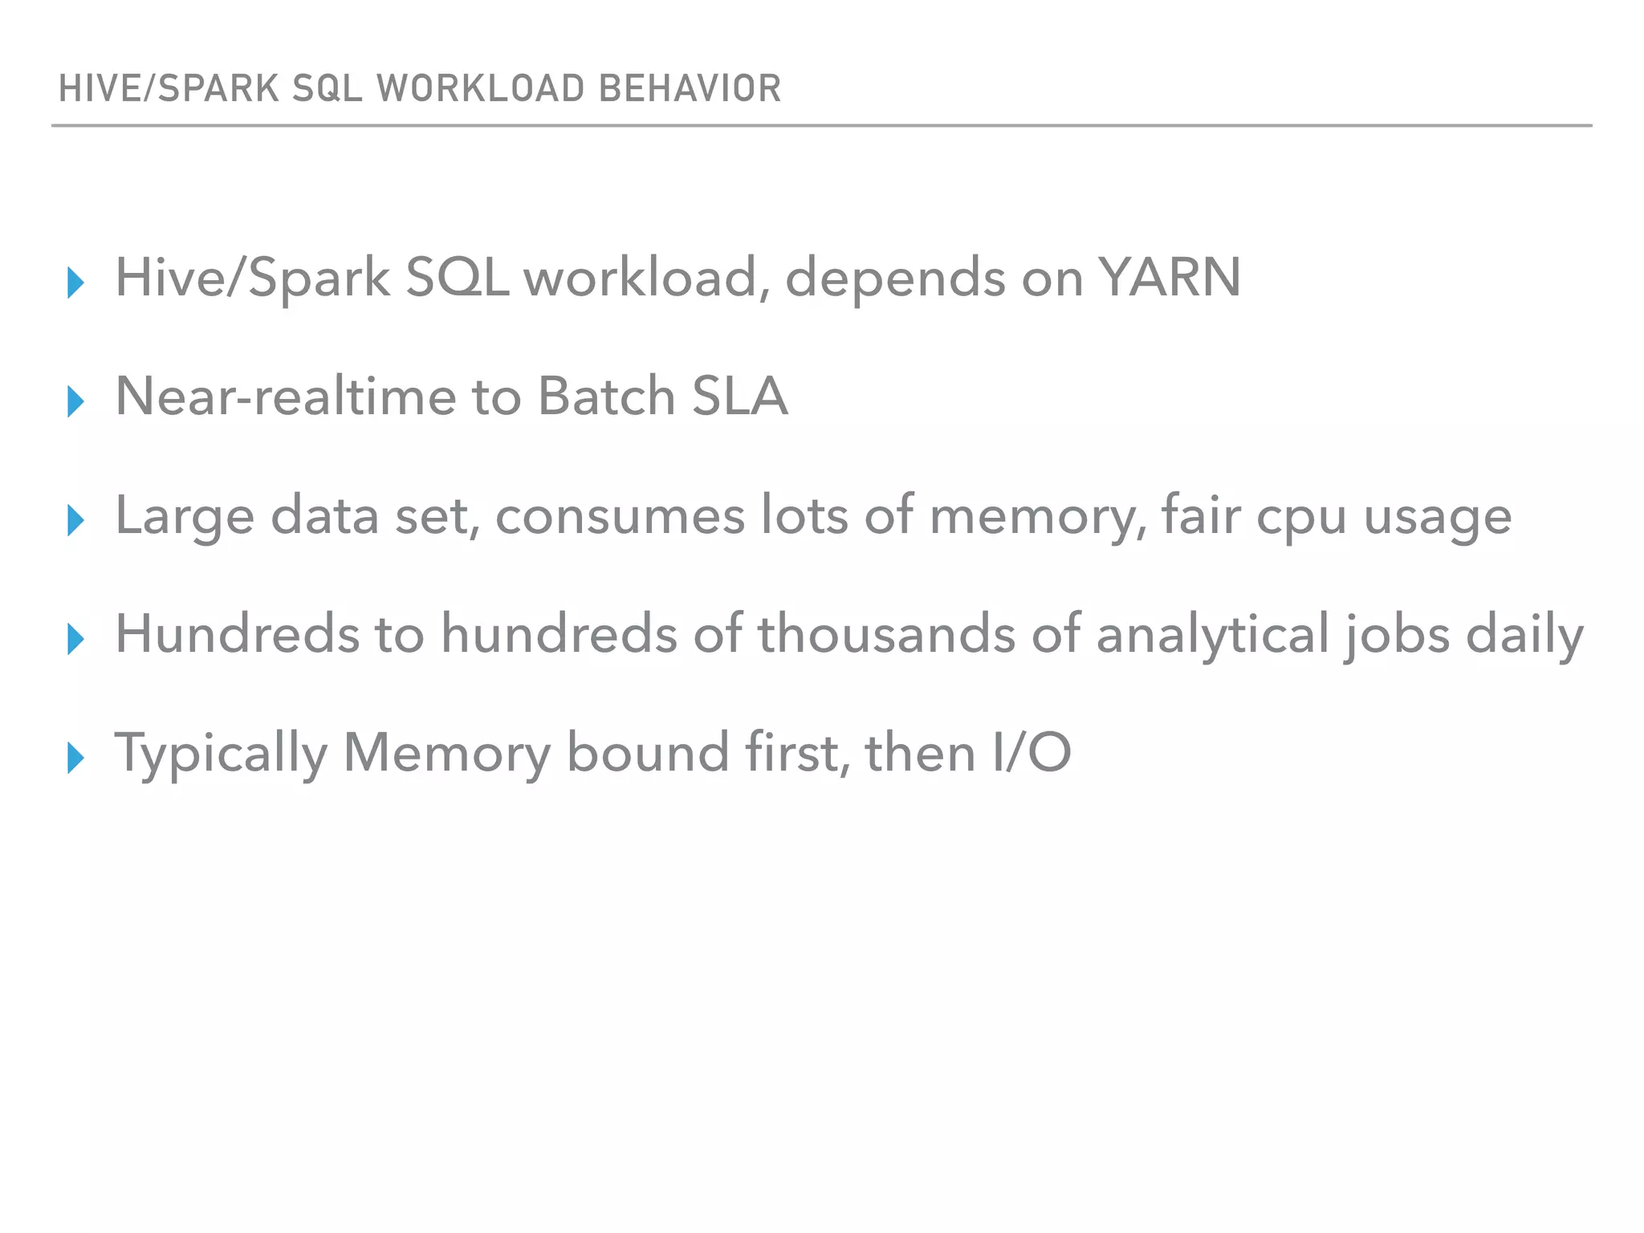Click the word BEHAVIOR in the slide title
pyautogui.click(x=690, y=88)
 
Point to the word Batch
pyautogui.click(x=606, y=397)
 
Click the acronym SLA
pyautogui.click(x=739, y=397)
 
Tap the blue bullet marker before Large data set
pyautogui.click(x=76, y=520)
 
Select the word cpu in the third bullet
pyautogui.click(x=1301, y=517)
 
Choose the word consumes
pyautogui.click(x=620, y=515)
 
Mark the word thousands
pyautogui.click(x=886, y=634)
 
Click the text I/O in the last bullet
pyautogui.click(x=1032, y=753)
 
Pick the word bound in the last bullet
pyautogui.click(x=648, y=753)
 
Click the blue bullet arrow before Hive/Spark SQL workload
pyautogui.click(x=76, y=283)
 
